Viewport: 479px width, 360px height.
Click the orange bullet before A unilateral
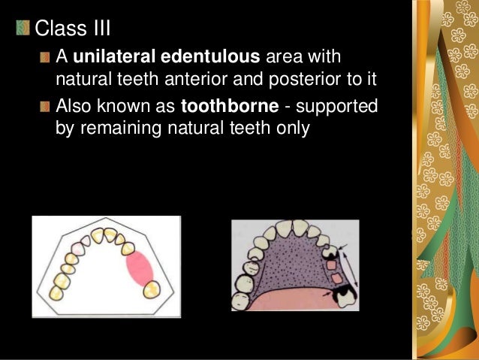point(47,58)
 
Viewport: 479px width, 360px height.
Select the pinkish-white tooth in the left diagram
point(77,246)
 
